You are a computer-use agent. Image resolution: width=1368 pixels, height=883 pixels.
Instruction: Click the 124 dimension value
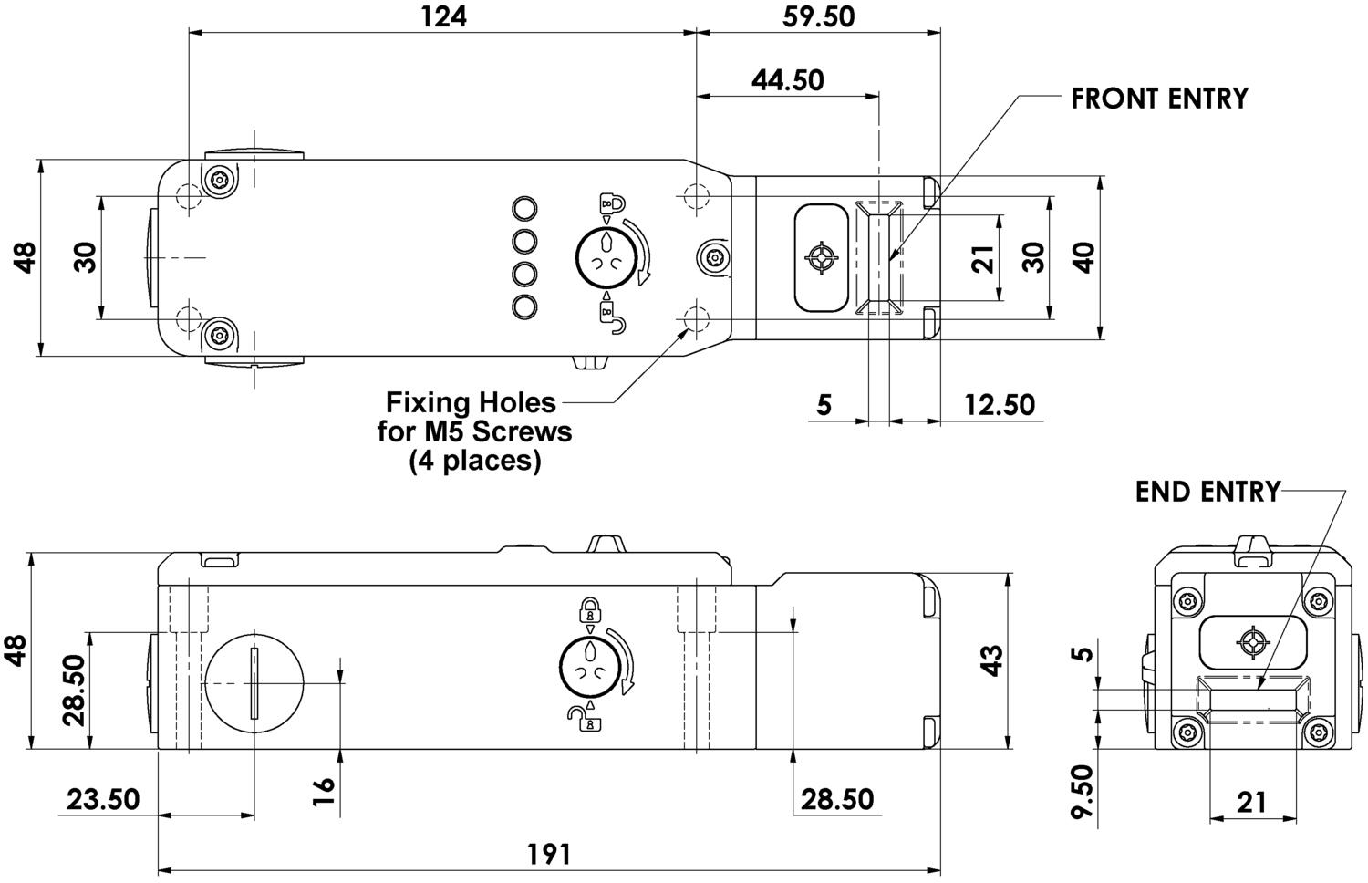(444, 17)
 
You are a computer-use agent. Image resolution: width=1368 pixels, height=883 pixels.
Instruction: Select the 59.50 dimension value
(819, 17)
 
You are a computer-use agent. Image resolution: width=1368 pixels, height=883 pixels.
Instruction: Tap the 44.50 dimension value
(788, 80)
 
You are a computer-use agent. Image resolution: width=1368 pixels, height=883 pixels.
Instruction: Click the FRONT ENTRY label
(1160, 99)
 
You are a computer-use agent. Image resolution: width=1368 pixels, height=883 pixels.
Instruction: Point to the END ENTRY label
(1208, 492)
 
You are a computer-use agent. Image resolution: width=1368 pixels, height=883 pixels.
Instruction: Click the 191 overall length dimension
(549, 855)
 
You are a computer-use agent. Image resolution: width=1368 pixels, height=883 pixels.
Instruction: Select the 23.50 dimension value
(103, 799)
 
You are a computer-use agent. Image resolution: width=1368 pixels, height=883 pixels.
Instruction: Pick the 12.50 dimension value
(1000, 405)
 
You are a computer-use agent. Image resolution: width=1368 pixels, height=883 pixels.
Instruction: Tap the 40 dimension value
(1083, 258)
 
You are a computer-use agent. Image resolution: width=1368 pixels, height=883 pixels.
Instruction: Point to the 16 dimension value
(323, 792)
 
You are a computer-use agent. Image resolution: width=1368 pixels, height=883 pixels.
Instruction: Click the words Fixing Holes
(471, 402)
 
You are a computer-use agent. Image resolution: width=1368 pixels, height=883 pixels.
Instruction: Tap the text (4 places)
(474, 461)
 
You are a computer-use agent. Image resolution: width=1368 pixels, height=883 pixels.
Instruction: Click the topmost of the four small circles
(524, 208)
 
